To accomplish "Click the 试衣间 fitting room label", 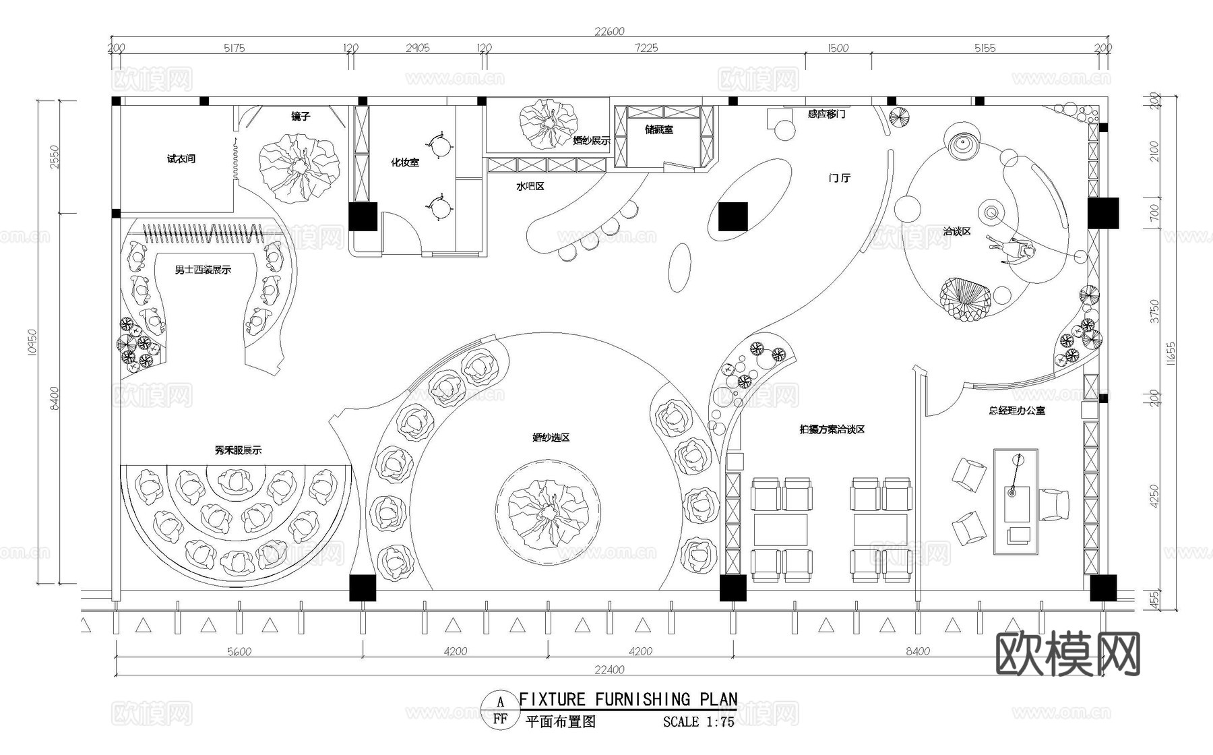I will [181, 159].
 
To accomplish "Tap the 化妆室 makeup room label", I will [405, 162].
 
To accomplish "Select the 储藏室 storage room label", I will [658, 129].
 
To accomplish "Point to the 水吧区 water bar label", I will [530, 186].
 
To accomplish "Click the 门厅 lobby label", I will [840, 178].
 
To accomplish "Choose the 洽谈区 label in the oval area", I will [957, 231].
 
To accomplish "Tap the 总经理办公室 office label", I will [1017, 410].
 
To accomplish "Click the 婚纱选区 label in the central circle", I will [551, 437].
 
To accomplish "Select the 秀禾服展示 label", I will [238, 450].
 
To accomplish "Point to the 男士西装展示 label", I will [202, 270].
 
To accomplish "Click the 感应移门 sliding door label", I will [826, 115].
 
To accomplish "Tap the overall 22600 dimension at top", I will [609, 30].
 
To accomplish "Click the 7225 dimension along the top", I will [646, 48].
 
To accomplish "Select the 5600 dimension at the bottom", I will [239, 651].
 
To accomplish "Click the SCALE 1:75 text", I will [698, 722].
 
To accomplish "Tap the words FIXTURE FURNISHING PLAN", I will [628, 700].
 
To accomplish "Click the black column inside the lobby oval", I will [733, 216].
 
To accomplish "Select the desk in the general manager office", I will [1016, 502].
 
